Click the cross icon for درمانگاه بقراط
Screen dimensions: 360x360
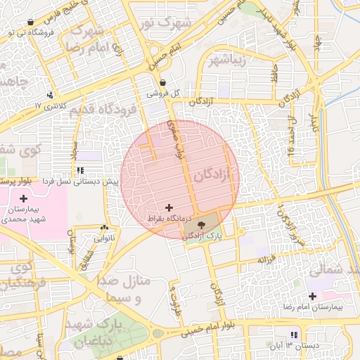[169, 207]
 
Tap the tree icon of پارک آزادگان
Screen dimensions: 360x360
[202, 226]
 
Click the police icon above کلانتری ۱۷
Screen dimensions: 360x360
[49, 95]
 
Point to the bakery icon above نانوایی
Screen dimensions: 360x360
[105, 228]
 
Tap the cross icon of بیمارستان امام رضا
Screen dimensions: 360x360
[312, 296]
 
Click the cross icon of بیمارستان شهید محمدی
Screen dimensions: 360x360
[23, 199]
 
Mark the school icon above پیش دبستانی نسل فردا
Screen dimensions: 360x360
[81, 171]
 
